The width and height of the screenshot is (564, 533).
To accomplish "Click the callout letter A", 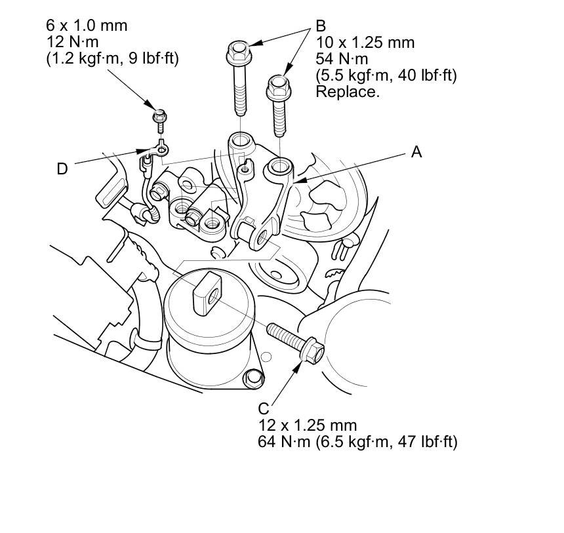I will coord(415,152).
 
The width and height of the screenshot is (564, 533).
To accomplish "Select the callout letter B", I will coord(321,26).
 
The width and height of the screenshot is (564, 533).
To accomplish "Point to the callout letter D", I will coord(62,169).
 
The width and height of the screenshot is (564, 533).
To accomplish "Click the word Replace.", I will coord(348,92).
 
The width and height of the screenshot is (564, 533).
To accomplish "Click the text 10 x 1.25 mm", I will coord(365,43).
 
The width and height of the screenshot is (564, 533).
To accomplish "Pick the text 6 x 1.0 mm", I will coord(87,26).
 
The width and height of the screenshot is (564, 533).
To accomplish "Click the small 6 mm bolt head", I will coord(159,117).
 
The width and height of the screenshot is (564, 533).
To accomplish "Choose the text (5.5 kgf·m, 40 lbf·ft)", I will coord(386,75).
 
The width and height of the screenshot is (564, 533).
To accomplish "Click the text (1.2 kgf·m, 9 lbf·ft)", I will coord(112,59).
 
